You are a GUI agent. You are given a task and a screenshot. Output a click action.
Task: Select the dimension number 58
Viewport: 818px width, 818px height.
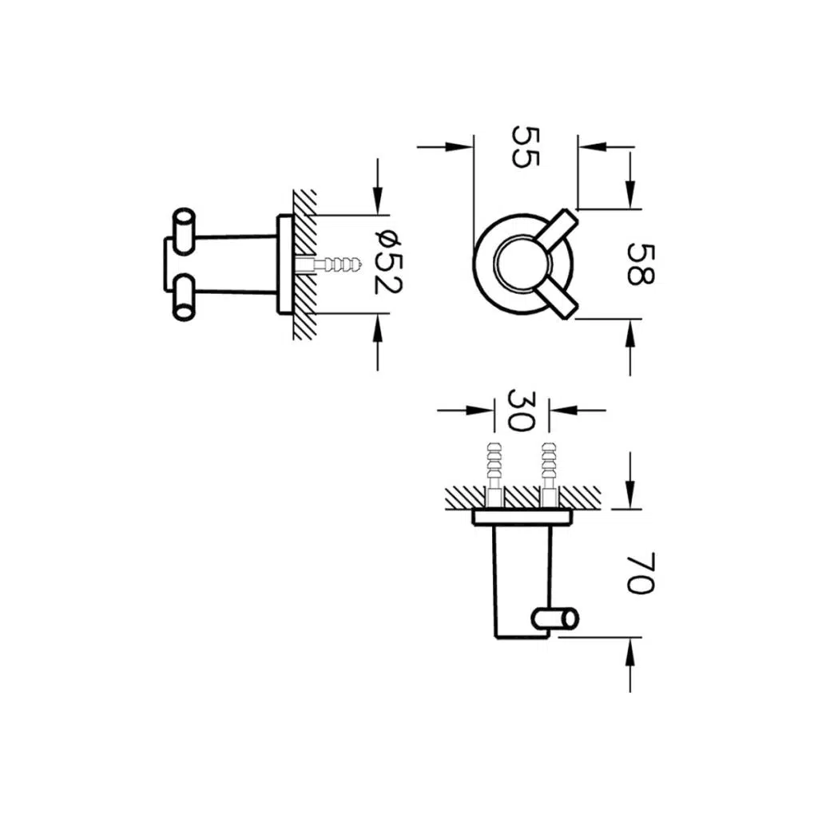pyautogui.click(x=640, y=264)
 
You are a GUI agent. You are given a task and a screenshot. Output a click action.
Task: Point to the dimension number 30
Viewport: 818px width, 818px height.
pyautogui.click(x=521, y=410)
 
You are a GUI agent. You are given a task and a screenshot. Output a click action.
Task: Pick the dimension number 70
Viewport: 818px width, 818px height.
pyautogui.click(x=640, y=573)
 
